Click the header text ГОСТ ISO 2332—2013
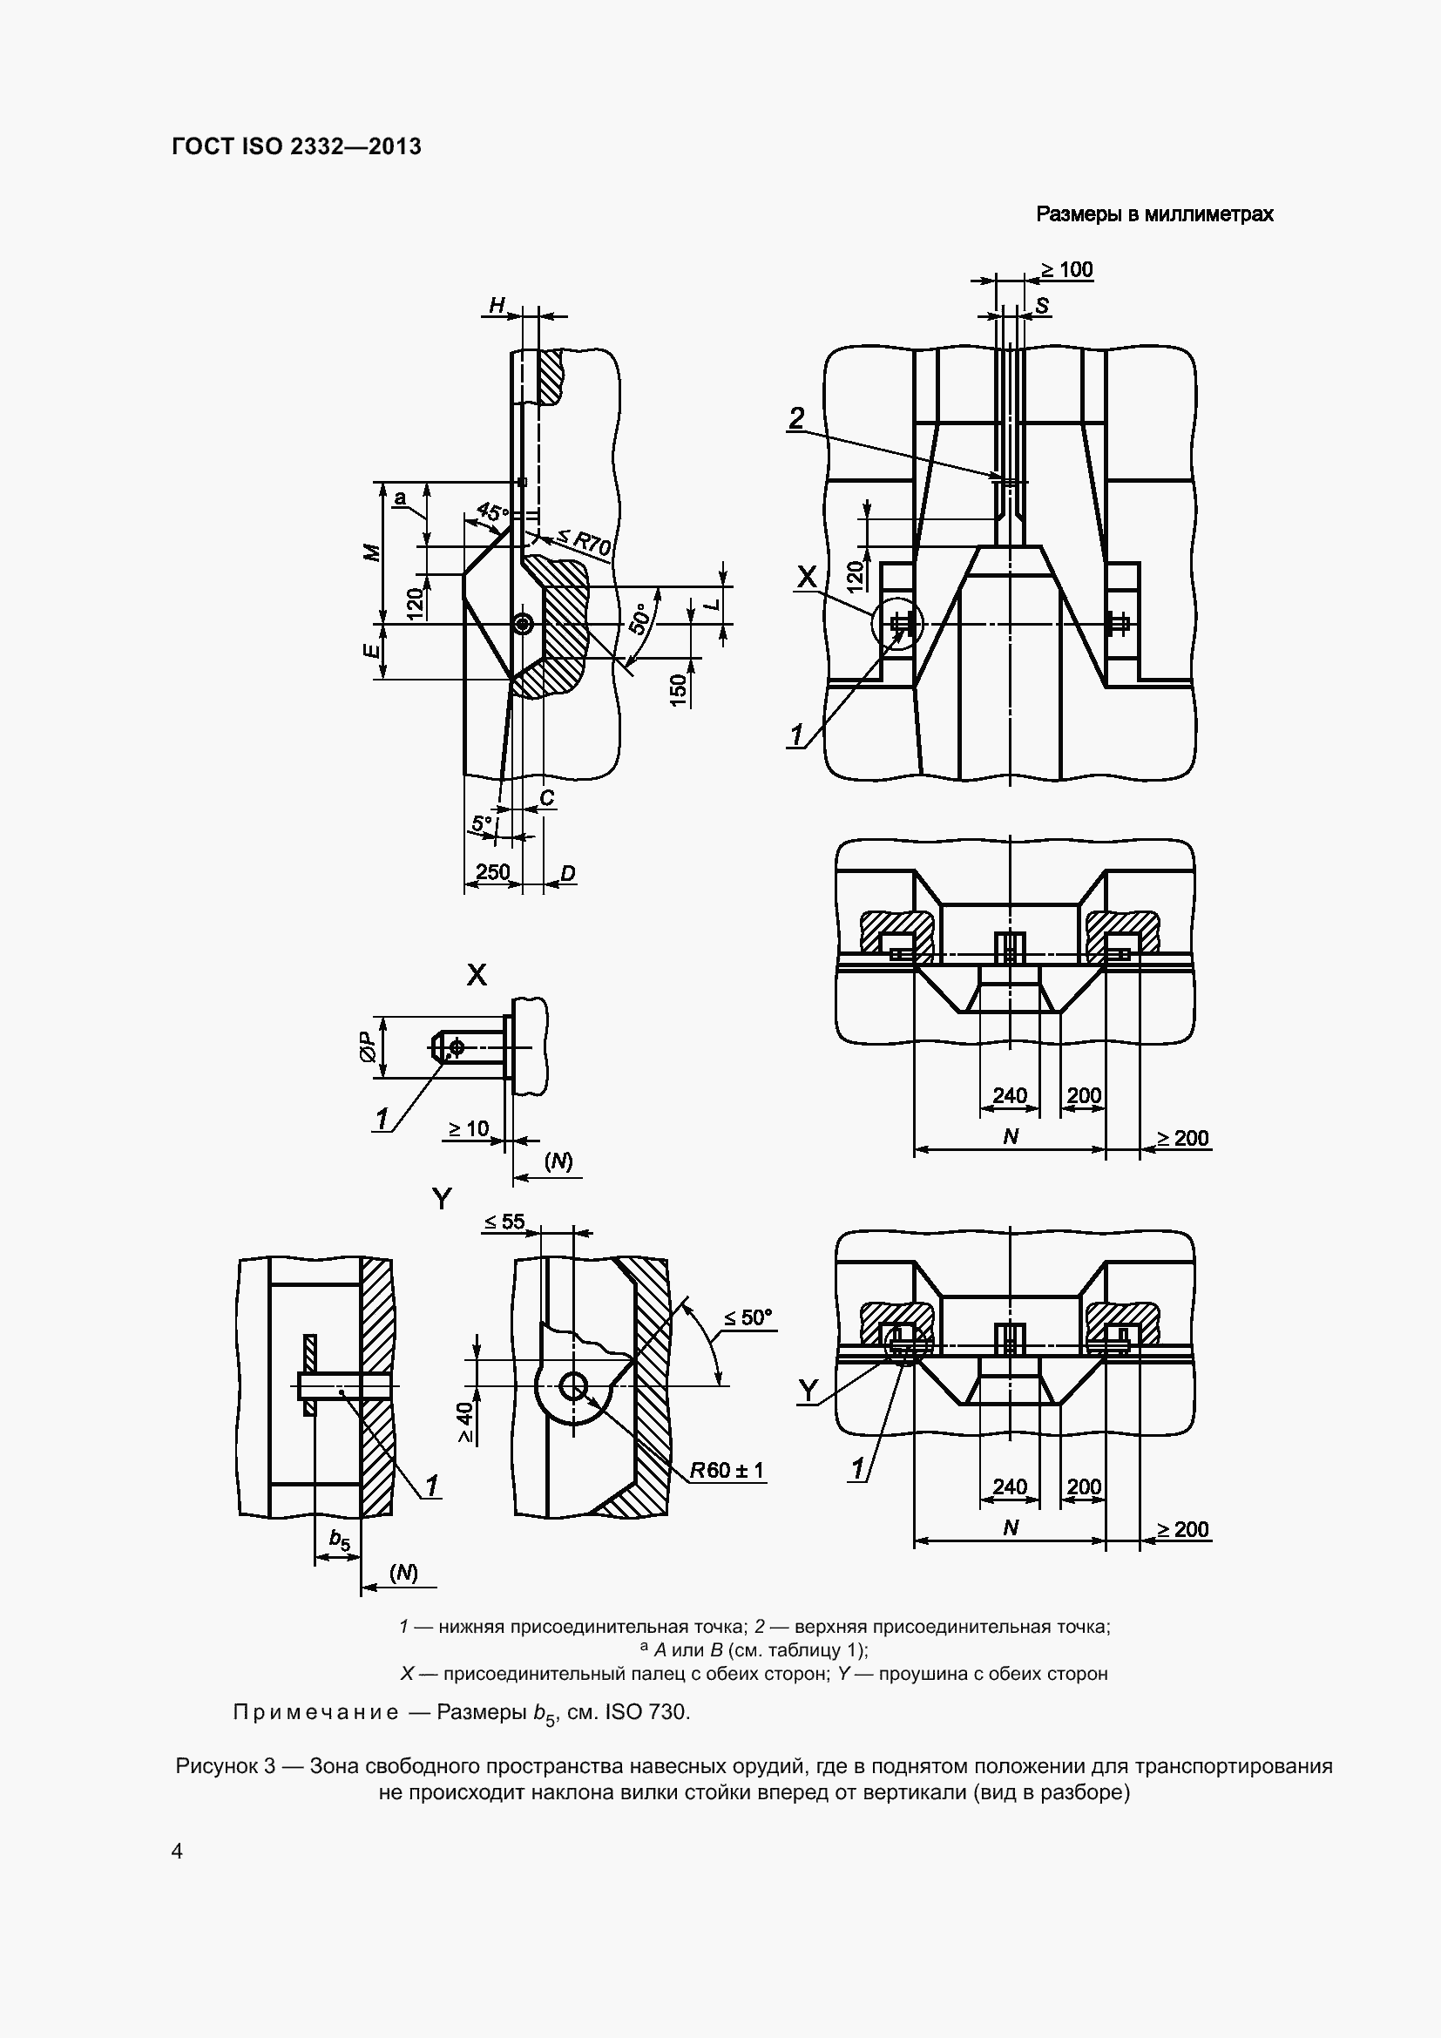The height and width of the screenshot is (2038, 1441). (296, 146)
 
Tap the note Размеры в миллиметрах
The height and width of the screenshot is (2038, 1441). (1154, 214)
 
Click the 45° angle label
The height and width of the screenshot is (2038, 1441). (492, 512)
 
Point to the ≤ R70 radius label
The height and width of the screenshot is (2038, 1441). (583, 541)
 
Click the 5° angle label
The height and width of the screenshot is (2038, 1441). (481, 823)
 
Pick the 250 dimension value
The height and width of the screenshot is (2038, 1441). (492, 871)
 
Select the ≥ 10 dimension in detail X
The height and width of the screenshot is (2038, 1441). (468, 1128)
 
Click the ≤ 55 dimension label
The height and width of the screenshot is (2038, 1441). (504, 1222)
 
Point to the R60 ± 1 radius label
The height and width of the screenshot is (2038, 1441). (727, 1470)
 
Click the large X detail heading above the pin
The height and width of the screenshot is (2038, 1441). (477, 976)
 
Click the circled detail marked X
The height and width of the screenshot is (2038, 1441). (897, 624)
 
